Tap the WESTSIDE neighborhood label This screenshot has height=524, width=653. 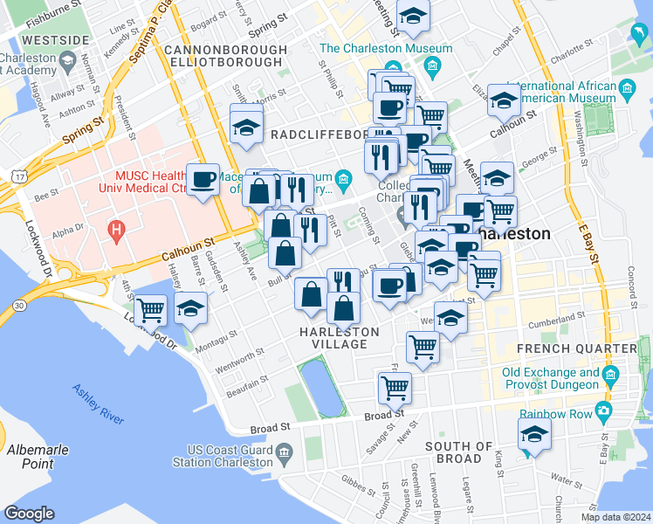[55, 40]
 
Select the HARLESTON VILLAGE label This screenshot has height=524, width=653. [340, 338]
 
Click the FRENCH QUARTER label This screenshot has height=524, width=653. [589, 349]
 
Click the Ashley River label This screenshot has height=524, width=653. [98, 403]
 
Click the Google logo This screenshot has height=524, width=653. [29, 514]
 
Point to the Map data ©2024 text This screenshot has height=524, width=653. [616, 517]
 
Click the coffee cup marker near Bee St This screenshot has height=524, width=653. [203, 180]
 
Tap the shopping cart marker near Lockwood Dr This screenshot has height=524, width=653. [151, 309]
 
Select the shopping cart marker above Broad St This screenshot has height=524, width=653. [395, 386]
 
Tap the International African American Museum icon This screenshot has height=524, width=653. [627, 87]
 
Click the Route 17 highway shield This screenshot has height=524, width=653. [18, 177]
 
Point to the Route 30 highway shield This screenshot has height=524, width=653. [18, 304]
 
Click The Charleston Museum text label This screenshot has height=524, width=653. [386, 48]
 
